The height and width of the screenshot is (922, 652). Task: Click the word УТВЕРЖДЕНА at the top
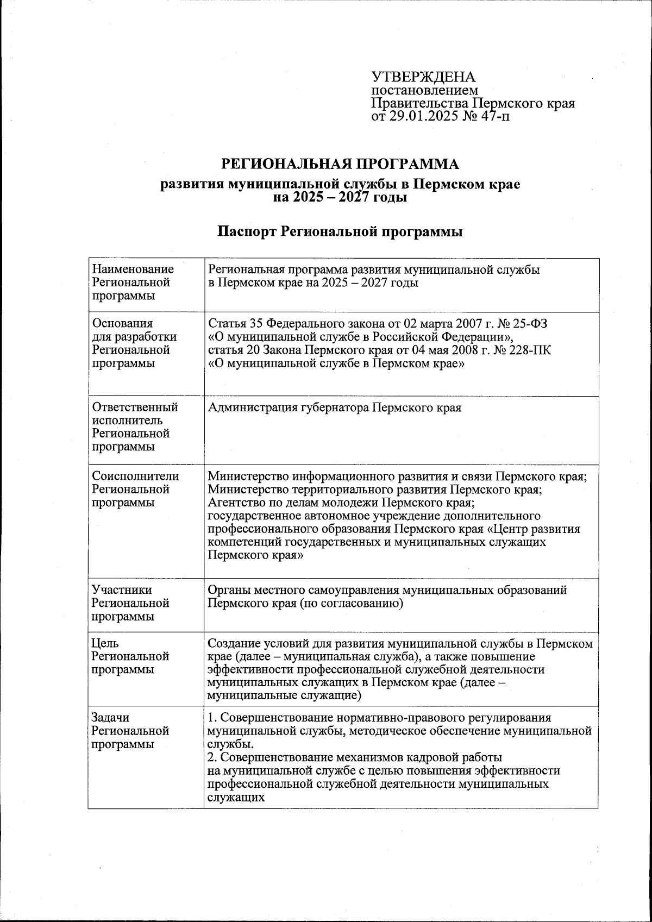click(423, 77)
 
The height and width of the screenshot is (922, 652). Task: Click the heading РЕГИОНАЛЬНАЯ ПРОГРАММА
click(340, 164)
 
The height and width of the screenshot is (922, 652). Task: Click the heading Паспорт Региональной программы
click(340, 232)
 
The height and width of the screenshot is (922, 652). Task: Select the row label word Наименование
click(133, 269)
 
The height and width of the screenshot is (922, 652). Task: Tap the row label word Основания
click(122, 324)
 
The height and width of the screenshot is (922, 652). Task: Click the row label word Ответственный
click(135, 407)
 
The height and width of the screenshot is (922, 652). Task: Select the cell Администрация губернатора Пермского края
click(335, 407)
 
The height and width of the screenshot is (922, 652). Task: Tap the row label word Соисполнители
click(135, 476)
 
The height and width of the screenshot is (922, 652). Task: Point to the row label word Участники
click(122, 590)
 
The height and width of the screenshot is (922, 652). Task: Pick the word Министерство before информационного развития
click(249, 476)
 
